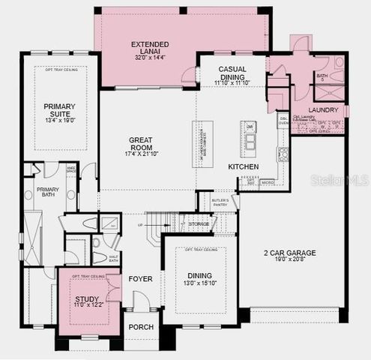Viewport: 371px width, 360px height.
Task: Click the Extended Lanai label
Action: click(x=150, y=45)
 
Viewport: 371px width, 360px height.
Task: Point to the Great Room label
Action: click(x=140, y=140)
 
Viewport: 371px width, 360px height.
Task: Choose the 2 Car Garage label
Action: click(x=289, y=254)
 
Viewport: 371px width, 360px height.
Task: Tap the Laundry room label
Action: click(x=323, y=110)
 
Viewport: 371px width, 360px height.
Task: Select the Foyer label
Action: click(x=140, y=279)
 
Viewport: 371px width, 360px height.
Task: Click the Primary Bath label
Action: click(x=48, y=190)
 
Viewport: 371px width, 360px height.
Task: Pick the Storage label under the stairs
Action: click(x=199, y=224)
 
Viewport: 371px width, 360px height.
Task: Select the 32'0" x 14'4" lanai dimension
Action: click(x=150, y=57)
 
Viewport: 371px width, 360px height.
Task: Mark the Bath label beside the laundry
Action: click(x=322, y=76)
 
